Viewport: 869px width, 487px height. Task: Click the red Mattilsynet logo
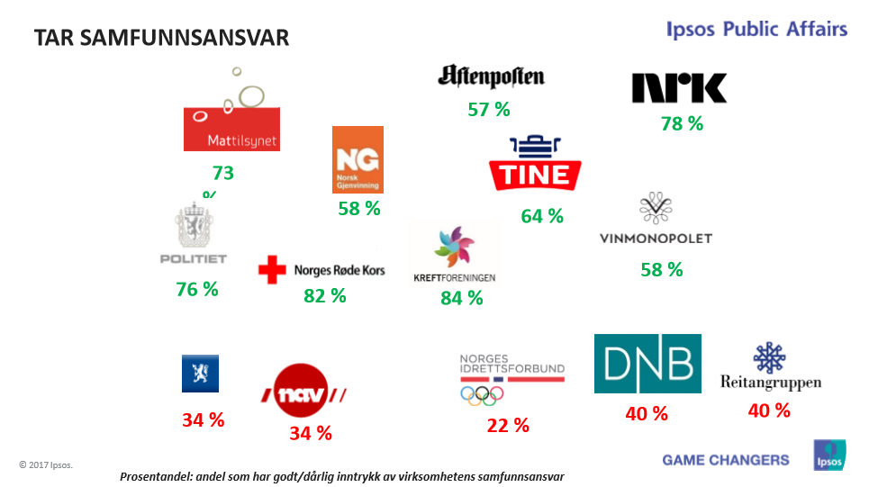pos(231,129)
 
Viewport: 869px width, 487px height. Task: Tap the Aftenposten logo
pos(491,77)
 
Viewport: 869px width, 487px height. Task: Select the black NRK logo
pos(679,88)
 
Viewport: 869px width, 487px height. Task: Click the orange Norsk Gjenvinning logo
pos(358,158)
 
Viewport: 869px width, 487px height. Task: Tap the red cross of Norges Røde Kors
pos(271,269)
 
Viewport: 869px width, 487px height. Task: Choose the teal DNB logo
pos(647,364)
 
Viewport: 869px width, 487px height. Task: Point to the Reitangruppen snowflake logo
pos(770,358)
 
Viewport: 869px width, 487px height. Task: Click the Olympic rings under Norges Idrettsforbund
pos(482,394)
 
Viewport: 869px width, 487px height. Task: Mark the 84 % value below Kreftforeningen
pos(462,298)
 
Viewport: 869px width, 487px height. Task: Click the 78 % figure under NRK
pos(682,124)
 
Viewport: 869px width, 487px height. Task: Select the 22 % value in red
pos(508,426)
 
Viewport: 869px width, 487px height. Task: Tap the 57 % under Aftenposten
pos(489,110)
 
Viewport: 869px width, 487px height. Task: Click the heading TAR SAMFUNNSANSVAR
pos(161,38)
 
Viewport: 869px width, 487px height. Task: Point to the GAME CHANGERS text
pos(726,460)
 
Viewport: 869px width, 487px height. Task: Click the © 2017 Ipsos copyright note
pos(46,464)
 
